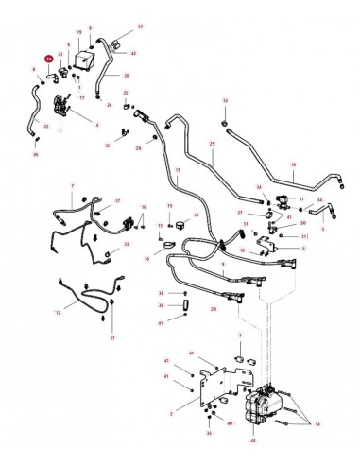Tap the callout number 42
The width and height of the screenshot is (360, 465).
point(133,53)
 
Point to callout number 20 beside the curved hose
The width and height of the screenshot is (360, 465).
point(126,75)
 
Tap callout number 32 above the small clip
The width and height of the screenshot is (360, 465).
point(225,99)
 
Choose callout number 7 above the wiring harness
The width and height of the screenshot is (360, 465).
point(72,185)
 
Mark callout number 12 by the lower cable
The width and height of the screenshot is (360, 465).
point(59,311)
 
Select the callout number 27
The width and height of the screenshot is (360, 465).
point(241,213)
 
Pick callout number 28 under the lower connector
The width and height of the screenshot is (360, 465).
point(214,309)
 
